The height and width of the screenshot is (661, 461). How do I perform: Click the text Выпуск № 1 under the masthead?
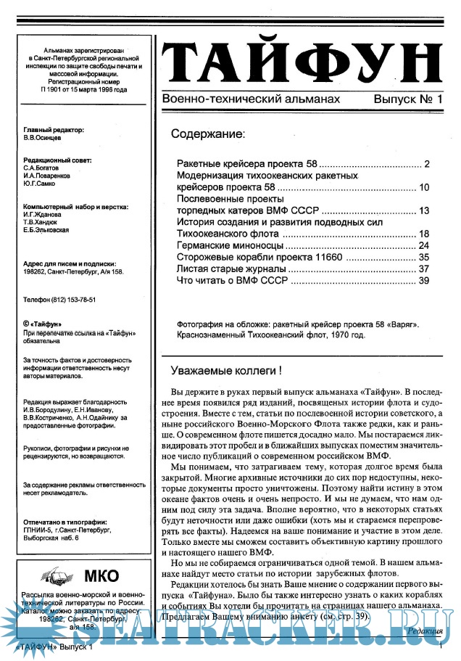click(407, 97)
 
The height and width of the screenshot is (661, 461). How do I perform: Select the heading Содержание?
click(207, 134)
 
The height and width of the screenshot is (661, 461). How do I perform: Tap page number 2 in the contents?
click(428, 163)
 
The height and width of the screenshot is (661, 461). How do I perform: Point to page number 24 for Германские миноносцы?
click(425, 245)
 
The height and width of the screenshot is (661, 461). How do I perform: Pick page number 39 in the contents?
click(425, 280)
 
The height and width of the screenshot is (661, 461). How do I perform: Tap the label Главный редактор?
click(54, 129)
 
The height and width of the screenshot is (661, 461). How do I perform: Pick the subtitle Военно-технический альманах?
click(251, 97)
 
